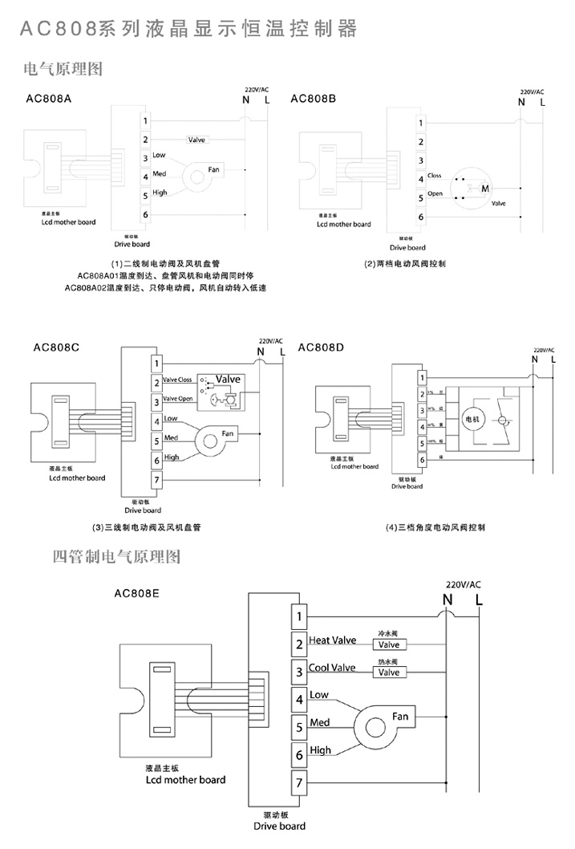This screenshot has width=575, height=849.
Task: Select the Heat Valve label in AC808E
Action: [332, 640]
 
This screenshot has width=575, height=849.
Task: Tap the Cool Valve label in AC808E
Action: [332, 668]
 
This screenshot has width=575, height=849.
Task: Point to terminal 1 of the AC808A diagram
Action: [145, 121]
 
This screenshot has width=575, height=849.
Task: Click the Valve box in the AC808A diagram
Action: [196, 140]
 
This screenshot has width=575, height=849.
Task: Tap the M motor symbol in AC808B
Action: [484, 188]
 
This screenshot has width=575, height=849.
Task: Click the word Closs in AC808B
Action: [435, 175]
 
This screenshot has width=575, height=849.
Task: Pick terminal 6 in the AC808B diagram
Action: [420, 217]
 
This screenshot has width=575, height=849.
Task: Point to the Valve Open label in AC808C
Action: [177, 399]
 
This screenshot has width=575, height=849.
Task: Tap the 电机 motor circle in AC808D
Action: [471, 419]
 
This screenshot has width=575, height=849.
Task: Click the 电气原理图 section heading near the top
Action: [64, 70]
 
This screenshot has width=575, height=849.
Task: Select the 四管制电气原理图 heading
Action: [116, 556]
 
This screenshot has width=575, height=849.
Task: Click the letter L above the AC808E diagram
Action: [479, 599]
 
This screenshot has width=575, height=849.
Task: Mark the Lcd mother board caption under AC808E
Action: [185, 779]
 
